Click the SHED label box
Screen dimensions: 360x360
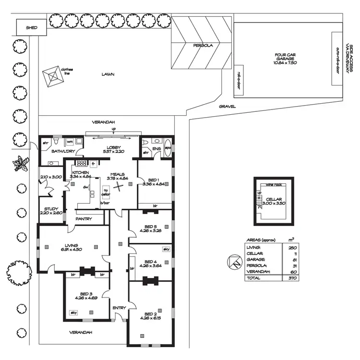[31, 28]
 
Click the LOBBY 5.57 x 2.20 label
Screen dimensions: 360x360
[113, 149]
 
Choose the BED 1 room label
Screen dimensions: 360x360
[154, 180]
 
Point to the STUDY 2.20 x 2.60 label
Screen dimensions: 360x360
[51, 211]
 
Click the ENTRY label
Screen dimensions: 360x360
[119, 308]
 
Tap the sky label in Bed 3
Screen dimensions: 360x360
[73, 312]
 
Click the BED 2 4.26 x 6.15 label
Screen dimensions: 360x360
[150, 315]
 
